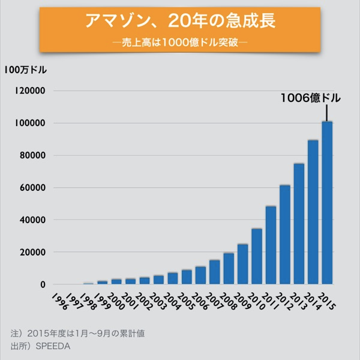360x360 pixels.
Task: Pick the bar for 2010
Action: click(x=257, y=256)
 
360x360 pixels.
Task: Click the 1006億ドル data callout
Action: click(x=310, y=98)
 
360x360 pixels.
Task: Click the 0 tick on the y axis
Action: click(x=43, y=284)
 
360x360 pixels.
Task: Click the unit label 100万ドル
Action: click(x=25, y=70)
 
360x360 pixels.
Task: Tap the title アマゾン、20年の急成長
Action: click(x=179, y=22)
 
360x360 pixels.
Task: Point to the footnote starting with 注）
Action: click(x=78, y=332)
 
